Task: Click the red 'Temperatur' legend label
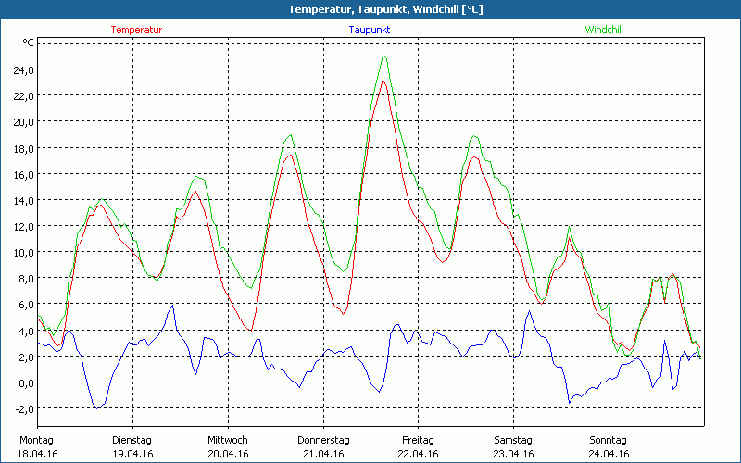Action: click(x=136, y=30)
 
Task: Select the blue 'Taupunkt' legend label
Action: click(x=370, y=30)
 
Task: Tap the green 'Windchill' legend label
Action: click(x=603, y=30)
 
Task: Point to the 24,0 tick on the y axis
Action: click(x=22, y=69)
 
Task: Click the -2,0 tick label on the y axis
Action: click(x=22, y=408)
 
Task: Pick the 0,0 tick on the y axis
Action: click(x=24, y=382)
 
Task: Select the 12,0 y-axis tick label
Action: click(x=22, y=226)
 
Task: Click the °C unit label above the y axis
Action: click(x=29, y=43)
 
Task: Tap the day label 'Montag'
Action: click(x=37, y=440)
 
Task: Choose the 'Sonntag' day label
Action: click(x=609, y=440)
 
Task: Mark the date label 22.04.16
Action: click(x=418, y=454)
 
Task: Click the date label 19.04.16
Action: click(x=132, y=454)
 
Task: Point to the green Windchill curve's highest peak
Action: click(x=383, y=56)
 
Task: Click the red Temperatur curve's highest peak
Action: click(x=383, y=80)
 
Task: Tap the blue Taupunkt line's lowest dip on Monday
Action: click(x=96, y=407)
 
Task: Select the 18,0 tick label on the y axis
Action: click(x=22, y=148)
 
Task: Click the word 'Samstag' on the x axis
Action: click(x=513, y=440)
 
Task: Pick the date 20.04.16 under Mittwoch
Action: click(x=227, y=454)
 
